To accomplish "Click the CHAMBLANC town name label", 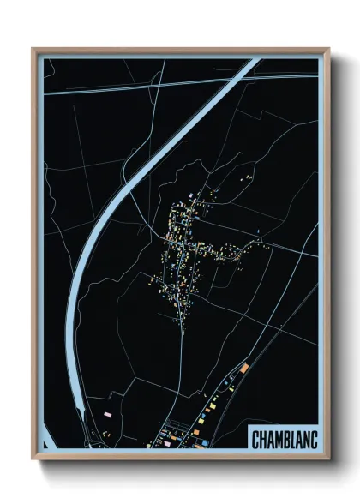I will click(x=285, y=439).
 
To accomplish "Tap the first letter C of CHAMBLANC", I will click(x=255, y=439).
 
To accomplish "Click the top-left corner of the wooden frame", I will click(x=32, y=48).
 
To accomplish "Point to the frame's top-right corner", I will click(x=329, y=48).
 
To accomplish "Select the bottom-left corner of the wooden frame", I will click(x=32, y=459).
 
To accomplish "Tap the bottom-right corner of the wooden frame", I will click(x=329, y=459).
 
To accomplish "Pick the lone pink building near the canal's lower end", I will click(x=108, y=415).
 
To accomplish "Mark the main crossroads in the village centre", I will click(x=181, y=246).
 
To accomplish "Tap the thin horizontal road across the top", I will click(x=129, y=87).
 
